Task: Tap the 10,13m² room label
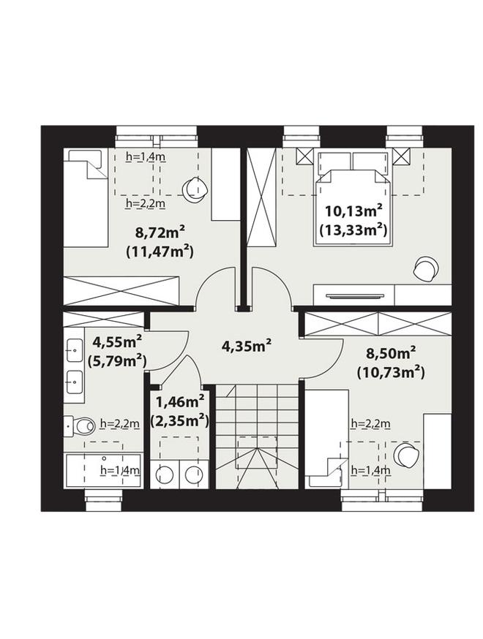pyautogui.click(x=353, y=211)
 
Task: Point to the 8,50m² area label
pyautogui.click(x=390, y=353)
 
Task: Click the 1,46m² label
pyautogui.click(x=180, y=402)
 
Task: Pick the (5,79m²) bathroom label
pyautogui.click(x=117, y=360)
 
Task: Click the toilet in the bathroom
pyautogui.click(x=79, y=426)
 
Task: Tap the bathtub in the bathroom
pyautogui.click(x=104, y=470)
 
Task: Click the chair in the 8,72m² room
pyautogui.click(x=195, y=189)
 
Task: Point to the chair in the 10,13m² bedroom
pyautogui.click(x=425, y=269)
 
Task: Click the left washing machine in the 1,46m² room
pyautogui.click(x=165, y=474)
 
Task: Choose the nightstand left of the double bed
pyautogui.click(x=304, y=156)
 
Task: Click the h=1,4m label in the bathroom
pyautogui.click(x=120, y=470)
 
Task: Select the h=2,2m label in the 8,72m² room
pyautogui.click(x=145, y=203)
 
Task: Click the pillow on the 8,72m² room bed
pyautogui.click(x=85, y=156)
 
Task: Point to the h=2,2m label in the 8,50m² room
pyautogui.click(x=370, y=424)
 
